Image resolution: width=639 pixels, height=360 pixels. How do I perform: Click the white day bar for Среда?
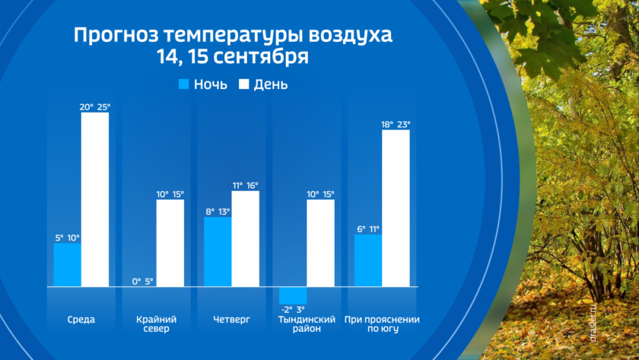point(95,199)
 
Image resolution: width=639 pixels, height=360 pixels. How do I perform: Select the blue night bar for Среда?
point(67,265)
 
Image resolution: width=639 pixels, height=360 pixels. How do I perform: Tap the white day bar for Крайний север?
point(170,243)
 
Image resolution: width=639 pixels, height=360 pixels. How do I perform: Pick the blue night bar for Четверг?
point(218,252)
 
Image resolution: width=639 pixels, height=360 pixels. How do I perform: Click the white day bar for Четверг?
point(245,238)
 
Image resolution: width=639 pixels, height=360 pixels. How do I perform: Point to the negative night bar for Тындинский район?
point(293,295)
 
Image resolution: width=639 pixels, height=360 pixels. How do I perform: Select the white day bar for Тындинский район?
point(320,243)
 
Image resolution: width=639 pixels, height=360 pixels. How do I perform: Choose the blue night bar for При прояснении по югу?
point(368,260)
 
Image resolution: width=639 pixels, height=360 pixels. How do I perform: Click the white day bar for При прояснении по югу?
point(396,208)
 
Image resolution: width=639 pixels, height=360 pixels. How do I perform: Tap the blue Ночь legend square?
point(183,84)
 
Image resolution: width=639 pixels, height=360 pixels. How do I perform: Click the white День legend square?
point(245,84)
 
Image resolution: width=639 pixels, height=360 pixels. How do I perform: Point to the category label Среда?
point(81,319)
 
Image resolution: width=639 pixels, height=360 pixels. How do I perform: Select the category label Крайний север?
point(156,324)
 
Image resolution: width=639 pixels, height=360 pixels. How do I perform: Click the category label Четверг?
point(231,319)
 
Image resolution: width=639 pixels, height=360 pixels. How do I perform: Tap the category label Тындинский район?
point(306,324)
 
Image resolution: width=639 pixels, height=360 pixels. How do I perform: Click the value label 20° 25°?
point(95,107)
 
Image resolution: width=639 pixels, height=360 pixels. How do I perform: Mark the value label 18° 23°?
point(396,124)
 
